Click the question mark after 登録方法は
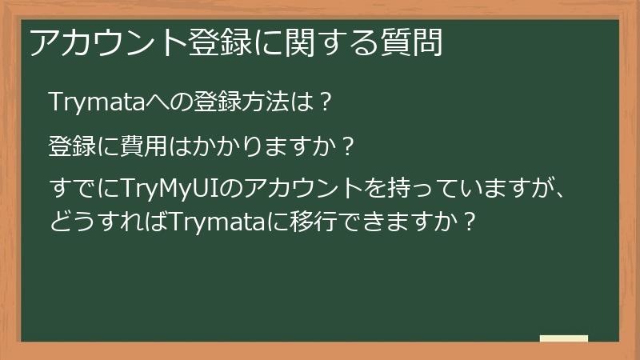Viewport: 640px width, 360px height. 324,103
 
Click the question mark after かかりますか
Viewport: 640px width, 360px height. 346,147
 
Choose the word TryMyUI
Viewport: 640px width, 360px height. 170,190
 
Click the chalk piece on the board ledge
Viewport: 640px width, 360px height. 564,338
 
